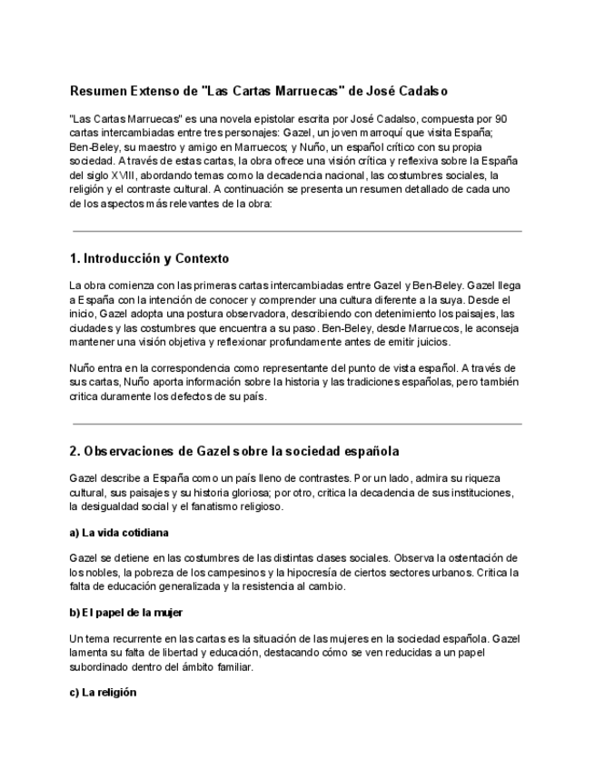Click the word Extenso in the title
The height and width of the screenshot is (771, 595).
coord(160,92)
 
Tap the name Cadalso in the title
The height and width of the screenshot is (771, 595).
coord(420,92)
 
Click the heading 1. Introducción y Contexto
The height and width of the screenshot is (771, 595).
coord(149,259)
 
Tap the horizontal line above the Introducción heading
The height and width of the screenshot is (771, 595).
coord(297,232)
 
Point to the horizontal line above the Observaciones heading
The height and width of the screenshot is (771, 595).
coord(297,424)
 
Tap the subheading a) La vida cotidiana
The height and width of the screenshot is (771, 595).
coord(119,532)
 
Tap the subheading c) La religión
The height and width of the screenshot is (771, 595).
coord(103,692)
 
